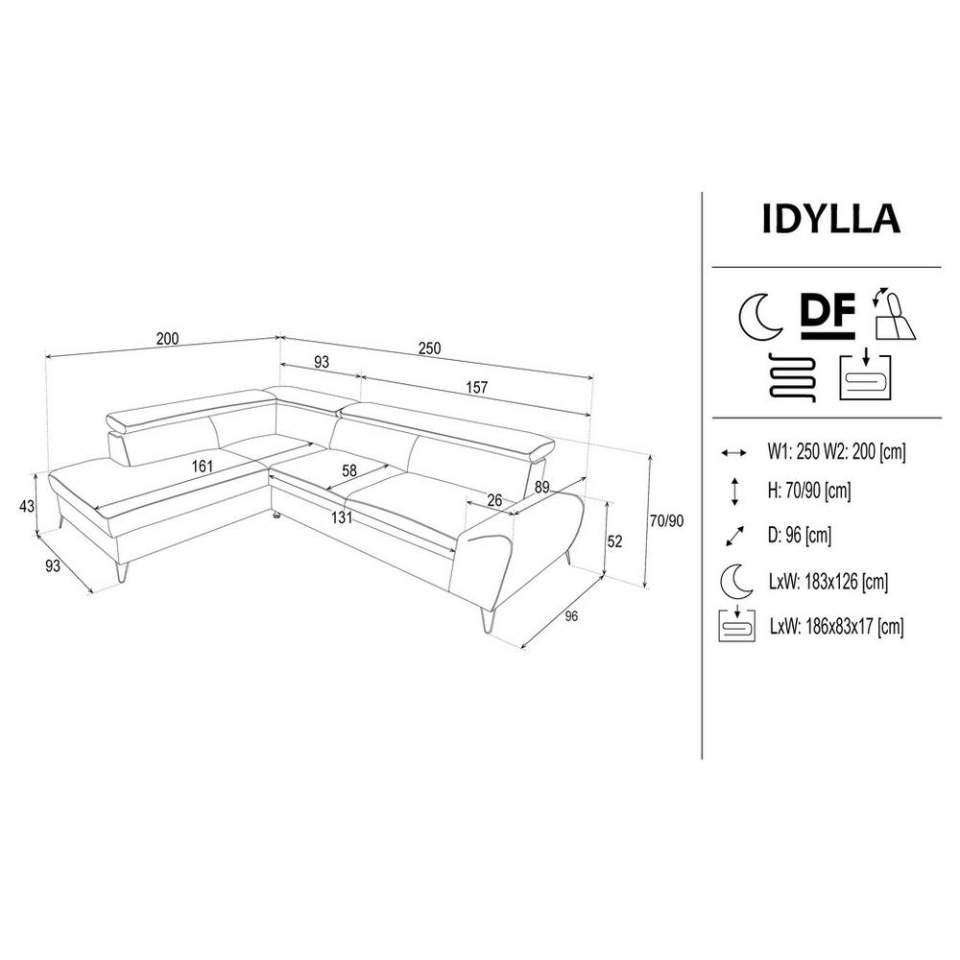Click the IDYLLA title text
click(830, 219)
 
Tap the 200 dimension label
click(167, 339)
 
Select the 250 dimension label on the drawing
click(429, 348)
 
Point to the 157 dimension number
click(476, 388)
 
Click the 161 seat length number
click(202, 467)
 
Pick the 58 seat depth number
click(349, 470)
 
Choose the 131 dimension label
click(342, 518)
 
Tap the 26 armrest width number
click(494, 500)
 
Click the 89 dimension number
click(541, 487)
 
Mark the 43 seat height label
click(27, 506)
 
